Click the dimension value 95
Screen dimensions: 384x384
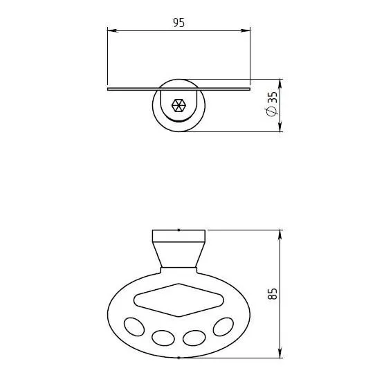pos(179,23)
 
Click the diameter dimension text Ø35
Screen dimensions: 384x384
pos(272,104)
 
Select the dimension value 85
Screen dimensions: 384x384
pos(272,293)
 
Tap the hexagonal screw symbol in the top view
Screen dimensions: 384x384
pos(179,106)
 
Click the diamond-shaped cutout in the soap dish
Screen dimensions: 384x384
pos(179,300)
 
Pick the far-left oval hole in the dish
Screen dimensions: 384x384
pos(134,327)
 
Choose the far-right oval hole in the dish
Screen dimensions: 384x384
pos(223,327)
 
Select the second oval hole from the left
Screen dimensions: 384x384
pos(163,338)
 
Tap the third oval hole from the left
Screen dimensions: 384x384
pos(194,338)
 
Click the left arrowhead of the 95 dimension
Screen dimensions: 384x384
pos(113,31)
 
